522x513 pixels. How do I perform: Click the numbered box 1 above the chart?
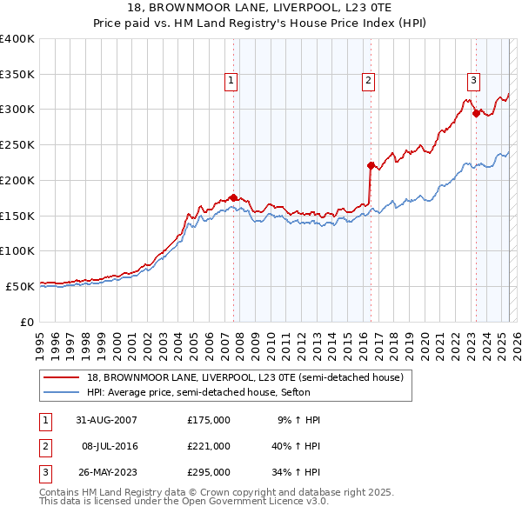click(x=231, y=81)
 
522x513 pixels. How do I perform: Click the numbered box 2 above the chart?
click(x=369, y=81)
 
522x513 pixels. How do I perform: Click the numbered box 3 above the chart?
click(x=473, y=81)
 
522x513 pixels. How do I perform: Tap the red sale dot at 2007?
click(x=233, y=197)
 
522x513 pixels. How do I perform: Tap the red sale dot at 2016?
click(x=371, y=164)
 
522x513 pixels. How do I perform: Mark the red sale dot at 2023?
click(x=476, y=112)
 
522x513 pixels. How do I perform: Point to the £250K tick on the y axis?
click(x=17, y=144)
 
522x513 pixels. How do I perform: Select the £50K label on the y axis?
click(x=20, y=286)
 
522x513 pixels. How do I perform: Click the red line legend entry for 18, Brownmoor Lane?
click(x=244, y=378)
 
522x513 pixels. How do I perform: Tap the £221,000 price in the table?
click(x=209, y=446)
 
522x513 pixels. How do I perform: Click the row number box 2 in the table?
click(x=45, y=446)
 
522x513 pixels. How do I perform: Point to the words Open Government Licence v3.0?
click(x=251, y=502)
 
